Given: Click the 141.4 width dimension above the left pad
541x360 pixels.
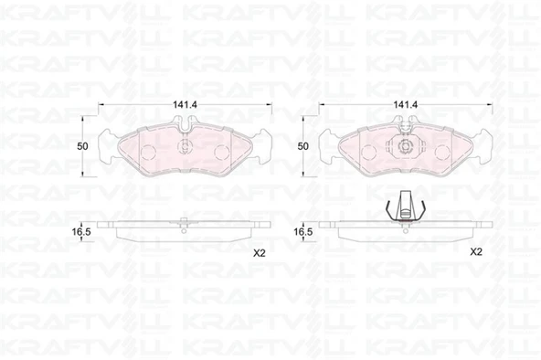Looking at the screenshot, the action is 185,104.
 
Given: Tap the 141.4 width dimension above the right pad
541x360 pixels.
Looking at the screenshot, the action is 406,104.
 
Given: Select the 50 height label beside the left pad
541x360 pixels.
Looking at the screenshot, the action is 82,146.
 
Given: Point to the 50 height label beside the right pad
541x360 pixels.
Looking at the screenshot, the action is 302,146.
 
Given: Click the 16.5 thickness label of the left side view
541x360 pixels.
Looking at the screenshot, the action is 81,232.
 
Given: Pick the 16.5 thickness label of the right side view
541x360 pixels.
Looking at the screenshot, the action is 302,232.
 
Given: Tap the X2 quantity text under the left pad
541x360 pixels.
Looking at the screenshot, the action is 260,254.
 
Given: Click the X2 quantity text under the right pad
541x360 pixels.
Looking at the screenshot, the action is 476,252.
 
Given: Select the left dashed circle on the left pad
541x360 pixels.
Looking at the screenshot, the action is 149,152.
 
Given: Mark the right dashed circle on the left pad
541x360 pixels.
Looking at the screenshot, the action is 221,152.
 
